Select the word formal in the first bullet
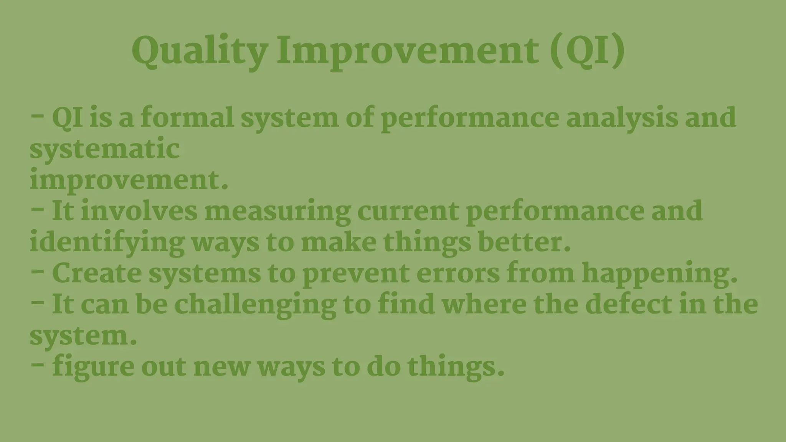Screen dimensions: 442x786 pyautogui.click(x=187, y=118)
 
